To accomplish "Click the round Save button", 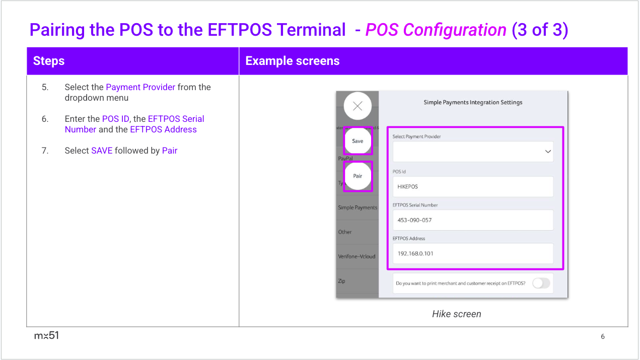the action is (358, 141).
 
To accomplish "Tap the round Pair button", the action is (358, 176).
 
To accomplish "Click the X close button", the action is (358, 106).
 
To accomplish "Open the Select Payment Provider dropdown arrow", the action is (548, 152).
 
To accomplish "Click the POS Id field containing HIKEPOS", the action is (473, 187).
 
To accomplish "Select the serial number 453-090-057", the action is (414, 220).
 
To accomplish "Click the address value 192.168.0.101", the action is (415, 253).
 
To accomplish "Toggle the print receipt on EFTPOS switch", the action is (541, 283).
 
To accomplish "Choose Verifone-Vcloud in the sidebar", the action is (357, 256).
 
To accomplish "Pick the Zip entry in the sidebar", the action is (341, 281).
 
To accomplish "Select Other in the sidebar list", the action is (344, 232).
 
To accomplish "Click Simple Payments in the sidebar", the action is (358, 207).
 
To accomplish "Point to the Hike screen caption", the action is (456, 314).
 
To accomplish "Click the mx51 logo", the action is (46, 335).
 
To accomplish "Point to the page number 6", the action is (603, 336).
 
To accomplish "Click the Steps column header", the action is (49, 61).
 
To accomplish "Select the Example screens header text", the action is (292, 61).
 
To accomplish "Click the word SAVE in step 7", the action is (102, 151).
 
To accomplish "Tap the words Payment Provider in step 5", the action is (140, 87).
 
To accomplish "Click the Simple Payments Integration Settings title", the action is (473, 102).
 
